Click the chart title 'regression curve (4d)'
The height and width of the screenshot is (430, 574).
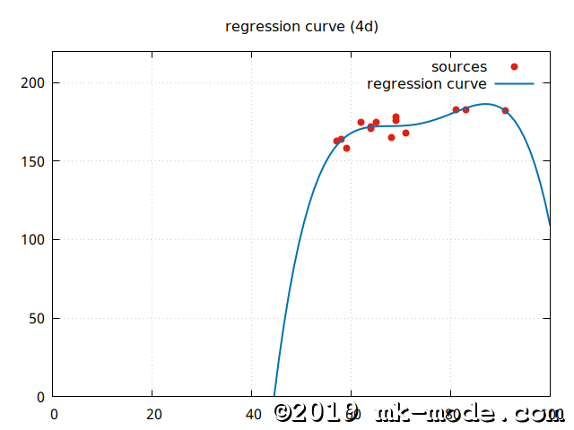coord(301,26)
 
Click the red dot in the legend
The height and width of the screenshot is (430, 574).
coord(514,67)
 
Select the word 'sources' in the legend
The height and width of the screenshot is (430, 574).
coord(459,67)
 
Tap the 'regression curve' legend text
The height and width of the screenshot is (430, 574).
coord(427,84)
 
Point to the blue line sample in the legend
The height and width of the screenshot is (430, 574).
coord(514,84)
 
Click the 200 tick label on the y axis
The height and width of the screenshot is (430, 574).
coord(34,83)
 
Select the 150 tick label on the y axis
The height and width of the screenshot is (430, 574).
coord(34,161)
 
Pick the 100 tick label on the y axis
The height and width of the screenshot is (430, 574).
coord(34,240)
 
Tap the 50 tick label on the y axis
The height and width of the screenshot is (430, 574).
coord(38,318)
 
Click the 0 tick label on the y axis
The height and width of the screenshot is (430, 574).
coord(41,397)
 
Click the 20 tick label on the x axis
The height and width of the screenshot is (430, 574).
coord(152,414)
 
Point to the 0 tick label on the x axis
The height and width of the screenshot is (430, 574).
coord(54,414)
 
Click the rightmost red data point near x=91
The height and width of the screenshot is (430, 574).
coord(505,110)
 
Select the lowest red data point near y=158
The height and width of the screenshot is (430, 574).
coord(346,148)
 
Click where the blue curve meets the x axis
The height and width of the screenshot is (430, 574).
coord(274,396)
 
